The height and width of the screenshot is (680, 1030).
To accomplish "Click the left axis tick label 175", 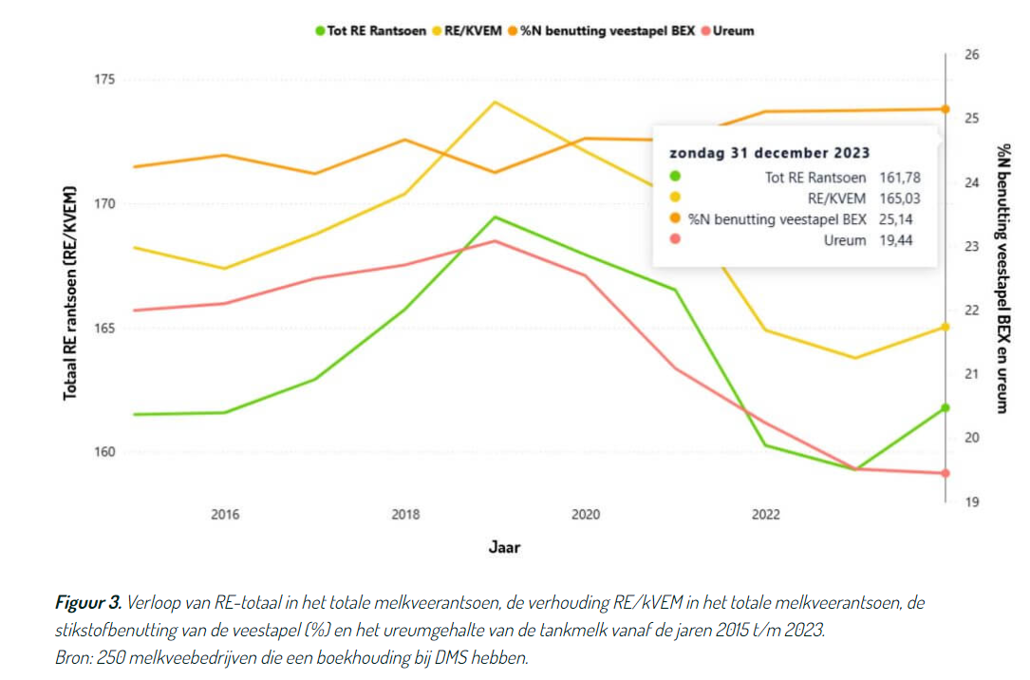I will pos(103,79).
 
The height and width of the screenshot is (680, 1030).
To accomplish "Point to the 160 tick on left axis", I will pos(103,452).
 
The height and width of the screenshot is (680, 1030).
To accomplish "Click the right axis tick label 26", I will pos(972,55).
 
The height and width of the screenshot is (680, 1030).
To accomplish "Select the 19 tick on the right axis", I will pos(972,501).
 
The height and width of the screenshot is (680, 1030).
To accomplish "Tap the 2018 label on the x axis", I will pos(405,515).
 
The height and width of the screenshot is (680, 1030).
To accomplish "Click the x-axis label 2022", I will pos(765,515).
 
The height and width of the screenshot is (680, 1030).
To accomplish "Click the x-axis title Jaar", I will pos(504,547).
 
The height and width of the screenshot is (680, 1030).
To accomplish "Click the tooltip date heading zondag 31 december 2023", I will pos(770,152).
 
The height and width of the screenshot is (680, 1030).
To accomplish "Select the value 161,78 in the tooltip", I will pos(902,177).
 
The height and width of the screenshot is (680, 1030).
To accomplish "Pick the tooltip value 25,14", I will pos(902,219).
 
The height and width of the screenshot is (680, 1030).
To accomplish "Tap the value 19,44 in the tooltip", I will pos(902,240).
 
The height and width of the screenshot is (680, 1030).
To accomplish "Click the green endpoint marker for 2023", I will pos(945,407).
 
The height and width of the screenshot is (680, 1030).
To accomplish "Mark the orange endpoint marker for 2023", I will pos(945,109).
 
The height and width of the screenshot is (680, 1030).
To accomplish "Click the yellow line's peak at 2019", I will pos(495,102).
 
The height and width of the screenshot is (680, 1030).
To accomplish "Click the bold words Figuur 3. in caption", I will pos(87,602).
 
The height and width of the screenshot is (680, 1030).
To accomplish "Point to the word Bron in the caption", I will pos(72,656).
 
